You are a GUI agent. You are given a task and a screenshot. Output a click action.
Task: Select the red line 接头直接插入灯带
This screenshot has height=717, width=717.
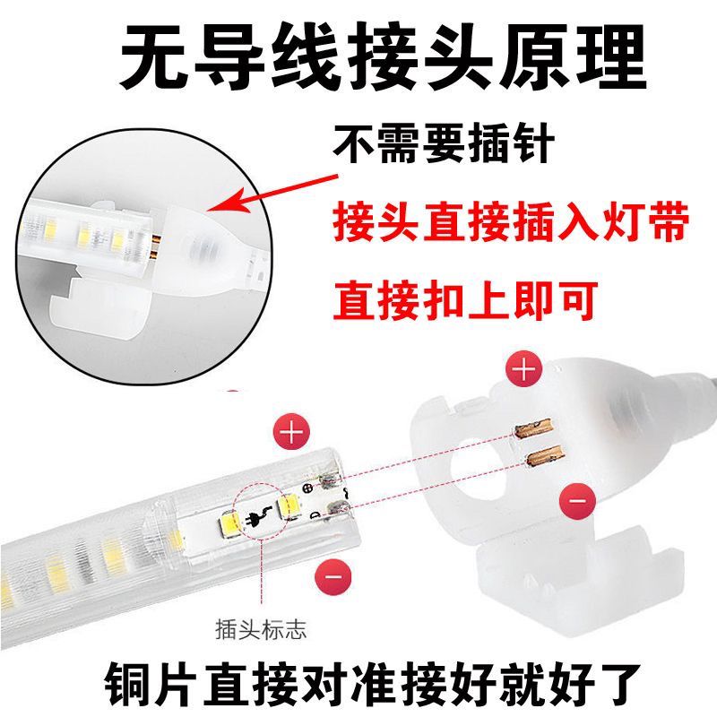coord(511,223)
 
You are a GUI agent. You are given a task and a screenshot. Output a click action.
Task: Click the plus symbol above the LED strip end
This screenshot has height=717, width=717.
coord(293,433)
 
